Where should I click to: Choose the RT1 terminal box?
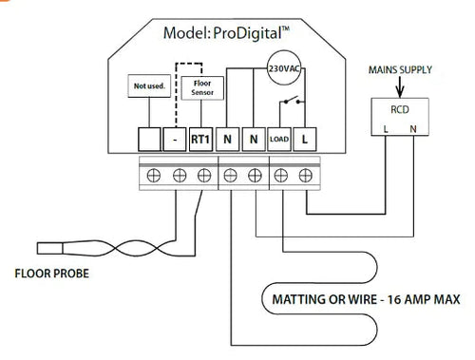(x=200, y=141)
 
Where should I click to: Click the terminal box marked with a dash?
(x=176, y=141)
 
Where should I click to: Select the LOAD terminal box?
(x=278, y=141)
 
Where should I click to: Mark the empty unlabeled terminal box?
(x=149, y=141)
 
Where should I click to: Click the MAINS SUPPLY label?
(x=401, y=69)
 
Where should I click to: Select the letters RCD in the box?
(x=400, y=108)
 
